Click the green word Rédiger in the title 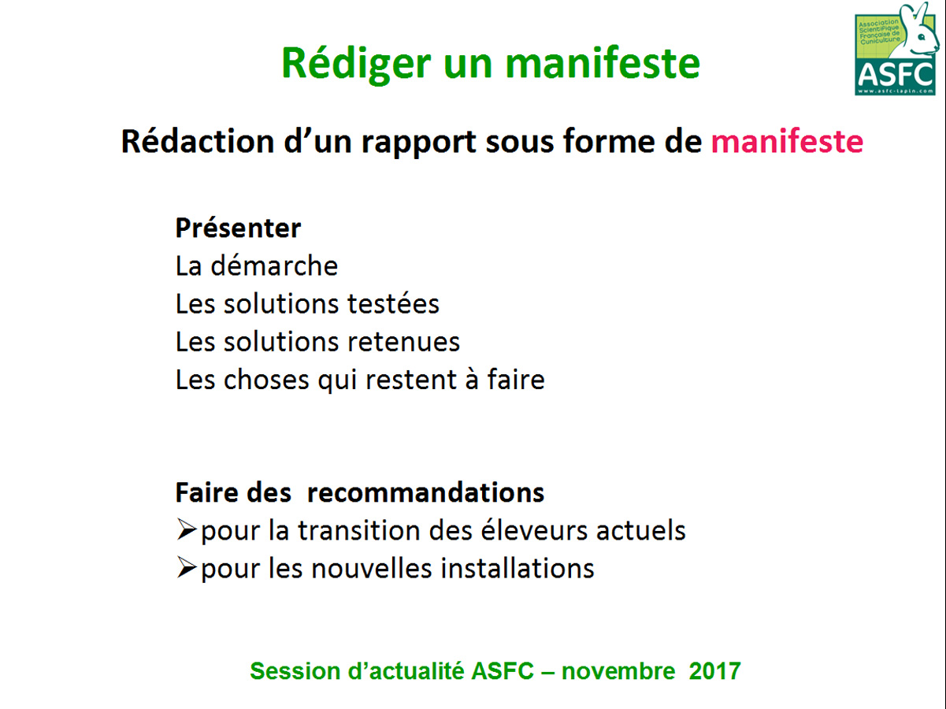click(356, 65)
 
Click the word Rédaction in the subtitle click(198, 141)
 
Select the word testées click(393, 303)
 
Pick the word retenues click(404, 342)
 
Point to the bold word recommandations click(425, 492)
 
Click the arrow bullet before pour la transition click(187, 529)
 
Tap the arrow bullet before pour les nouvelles click(187, 567)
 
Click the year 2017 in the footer click(714, 671)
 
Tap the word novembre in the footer click(618, 671)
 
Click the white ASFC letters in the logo click(896, 75)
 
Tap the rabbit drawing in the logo click(916, 32)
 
